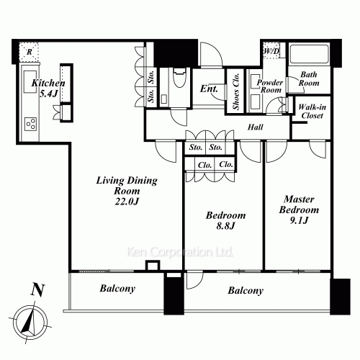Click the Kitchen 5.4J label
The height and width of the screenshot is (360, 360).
click(x=48, y=89)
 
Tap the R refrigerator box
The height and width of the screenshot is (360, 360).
click(x=30, y=52)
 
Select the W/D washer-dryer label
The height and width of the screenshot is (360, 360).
click(x=271, y=53)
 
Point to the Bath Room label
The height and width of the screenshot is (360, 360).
click(x=309, y=78)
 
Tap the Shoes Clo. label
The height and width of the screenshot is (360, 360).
click(x=235, y=93)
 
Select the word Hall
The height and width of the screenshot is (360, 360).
click(x=255, y=128)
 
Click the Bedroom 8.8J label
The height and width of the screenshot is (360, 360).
click(x=225, y=220)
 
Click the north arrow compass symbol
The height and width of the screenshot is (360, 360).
click(x=30, y=320)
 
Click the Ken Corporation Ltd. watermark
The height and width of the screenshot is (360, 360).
click(x=179, y=253)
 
